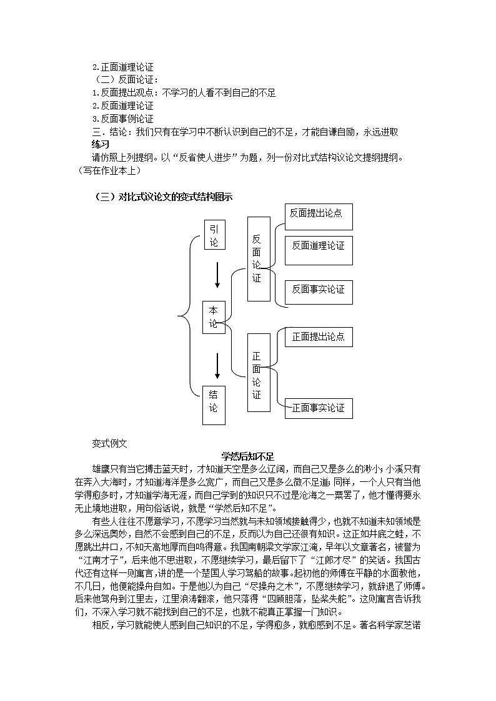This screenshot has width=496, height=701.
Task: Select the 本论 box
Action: coord(214,317)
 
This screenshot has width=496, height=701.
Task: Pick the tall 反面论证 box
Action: coord(258,258)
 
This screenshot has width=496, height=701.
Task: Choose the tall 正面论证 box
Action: coord(258,373)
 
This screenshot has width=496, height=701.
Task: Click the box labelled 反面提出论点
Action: coord(318,217)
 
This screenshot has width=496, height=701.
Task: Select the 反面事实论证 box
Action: coord(318,290)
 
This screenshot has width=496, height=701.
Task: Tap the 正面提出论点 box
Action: coord(318,338)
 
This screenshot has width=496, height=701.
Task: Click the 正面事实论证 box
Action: coord(318,408)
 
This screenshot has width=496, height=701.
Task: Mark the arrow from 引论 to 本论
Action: coord(217,275)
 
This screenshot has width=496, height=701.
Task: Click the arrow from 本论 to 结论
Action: coord(217,366)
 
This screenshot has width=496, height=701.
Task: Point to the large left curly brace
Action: coord(185,317)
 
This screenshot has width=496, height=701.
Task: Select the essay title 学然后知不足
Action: coord(248,456)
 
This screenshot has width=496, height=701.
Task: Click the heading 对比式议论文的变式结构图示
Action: coord(162,197)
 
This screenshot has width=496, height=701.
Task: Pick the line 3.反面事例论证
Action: coord(122,119)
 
